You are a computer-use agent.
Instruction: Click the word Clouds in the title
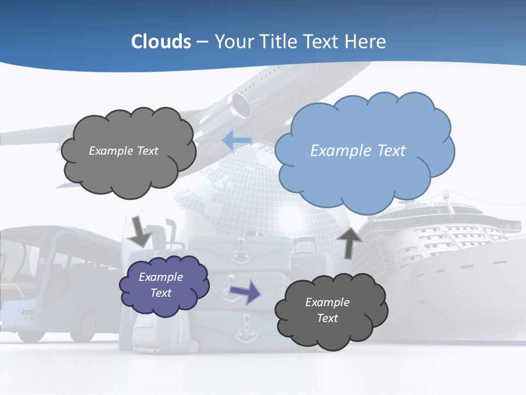(161, 42)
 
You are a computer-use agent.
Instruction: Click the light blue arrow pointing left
(237, 140)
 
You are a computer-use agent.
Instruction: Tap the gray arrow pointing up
(350, 242)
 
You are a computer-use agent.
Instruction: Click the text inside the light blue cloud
(358, 151)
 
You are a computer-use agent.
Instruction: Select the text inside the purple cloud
(161, 285)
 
